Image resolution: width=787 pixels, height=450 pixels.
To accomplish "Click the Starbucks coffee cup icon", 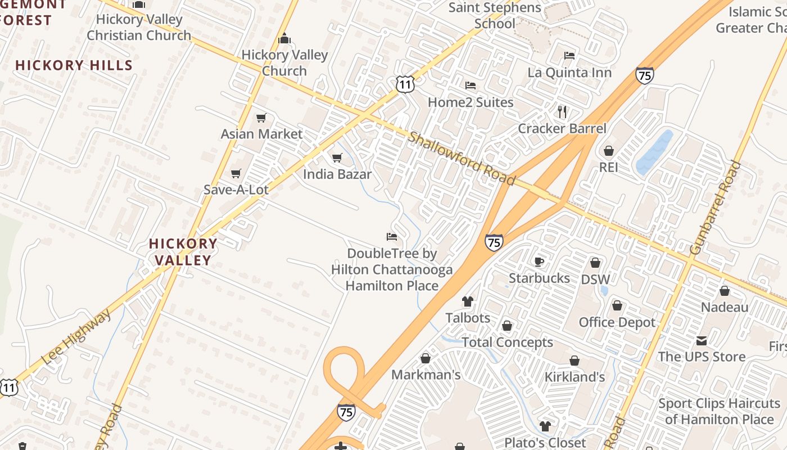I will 539,262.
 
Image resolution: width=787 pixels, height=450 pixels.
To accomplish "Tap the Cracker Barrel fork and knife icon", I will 562,111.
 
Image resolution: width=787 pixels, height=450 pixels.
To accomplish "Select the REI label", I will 608,167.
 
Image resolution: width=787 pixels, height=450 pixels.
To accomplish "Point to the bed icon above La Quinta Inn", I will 569,56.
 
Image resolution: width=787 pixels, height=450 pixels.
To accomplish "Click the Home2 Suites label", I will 471,102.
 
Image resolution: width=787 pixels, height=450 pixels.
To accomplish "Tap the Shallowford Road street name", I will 462,159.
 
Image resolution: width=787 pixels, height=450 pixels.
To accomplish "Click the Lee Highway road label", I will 77,338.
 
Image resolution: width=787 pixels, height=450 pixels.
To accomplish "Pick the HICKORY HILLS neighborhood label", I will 74,65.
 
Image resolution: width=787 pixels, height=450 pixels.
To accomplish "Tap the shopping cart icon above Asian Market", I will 261,118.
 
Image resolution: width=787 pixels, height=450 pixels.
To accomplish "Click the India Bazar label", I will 337,174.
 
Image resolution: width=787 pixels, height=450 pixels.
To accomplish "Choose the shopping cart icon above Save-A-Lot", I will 236,173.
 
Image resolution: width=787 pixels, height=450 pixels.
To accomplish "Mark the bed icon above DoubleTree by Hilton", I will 392,237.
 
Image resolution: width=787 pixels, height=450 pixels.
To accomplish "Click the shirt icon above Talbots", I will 468,301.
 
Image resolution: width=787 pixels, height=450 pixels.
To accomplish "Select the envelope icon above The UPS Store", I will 702,340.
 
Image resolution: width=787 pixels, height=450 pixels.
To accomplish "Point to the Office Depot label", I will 617,323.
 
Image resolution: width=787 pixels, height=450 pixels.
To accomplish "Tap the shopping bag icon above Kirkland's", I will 575,361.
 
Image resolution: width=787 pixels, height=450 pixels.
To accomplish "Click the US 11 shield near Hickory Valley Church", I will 405,84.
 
